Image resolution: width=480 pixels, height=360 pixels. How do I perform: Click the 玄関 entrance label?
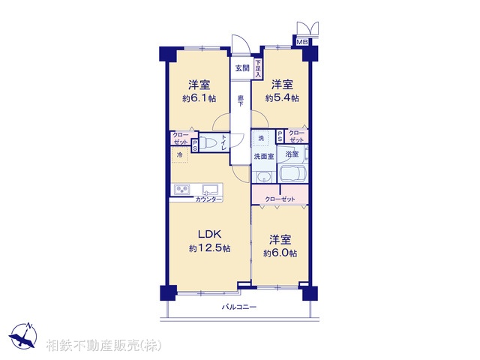click(241, 68)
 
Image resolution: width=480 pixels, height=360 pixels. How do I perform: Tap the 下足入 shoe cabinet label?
click(258, 69)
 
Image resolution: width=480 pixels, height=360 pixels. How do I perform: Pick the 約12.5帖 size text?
click(208, 248)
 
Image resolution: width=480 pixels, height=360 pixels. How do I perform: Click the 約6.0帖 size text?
click(280, 253)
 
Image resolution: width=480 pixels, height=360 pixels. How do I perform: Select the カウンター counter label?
click(208, 199)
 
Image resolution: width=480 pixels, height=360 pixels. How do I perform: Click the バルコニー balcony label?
click(239, 307)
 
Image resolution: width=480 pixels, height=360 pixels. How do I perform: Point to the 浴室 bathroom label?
click(292, 154)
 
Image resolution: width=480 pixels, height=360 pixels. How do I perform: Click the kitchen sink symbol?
click(208, 188)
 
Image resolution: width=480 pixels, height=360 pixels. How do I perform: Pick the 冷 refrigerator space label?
click(179, 154)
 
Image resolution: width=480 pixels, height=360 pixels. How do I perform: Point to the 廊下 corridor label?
click(241, 100)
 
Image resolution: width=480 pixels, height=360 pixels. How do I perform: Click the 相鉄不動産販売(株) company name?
click(103, 346)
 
